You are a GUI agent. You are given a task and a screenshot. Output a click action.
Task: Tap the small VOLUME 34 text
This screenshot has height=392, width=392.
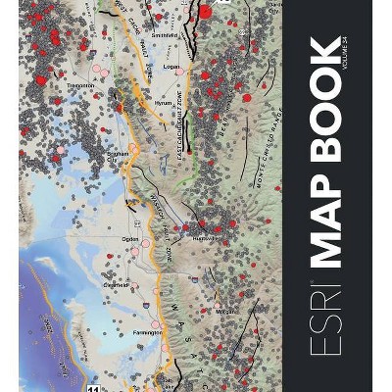coord(343,53)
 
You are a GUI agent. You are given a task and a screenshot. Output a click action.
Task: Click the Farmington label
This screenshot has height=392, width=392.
coord(145,333)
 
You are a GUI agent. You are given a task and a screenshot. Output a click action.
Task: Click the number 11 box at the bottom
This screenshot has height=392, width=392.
coord(94,387)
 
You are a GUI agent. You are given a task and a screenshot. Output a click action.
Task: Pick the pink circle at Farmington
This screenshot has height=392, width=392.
coord(155,324)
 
